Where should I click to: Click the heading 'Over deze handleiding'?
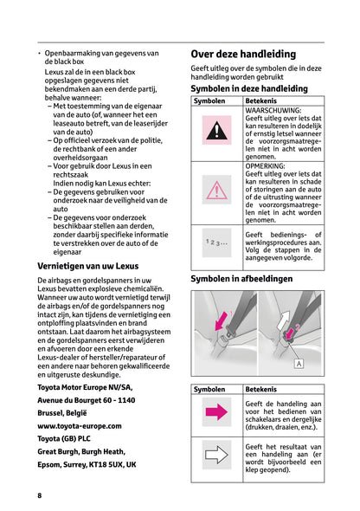(x=242, y=54)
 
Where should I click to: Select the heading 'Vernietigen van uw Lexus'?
(x=87, y=266)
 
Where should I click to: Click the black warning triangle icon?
(x=216, y=131)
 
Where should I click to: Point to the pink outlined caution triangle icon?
(x=216, y=190)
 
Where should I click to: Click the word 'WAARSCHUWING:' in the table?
(x=273, y=111)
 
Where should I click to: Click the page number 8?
(x=39, y=495)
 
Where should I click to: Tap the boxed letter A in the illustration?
(x=299, y=365)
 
